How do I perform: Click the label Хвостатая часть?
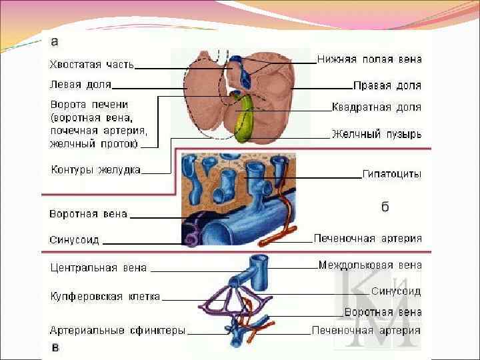coord(92,65)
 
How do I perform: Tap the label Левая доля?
coord(81,85)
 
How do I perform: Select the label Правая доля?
coord(387,86)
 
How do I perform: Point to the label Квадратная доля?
coord(377,107)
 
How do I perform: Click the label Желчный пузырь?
coord(377,134)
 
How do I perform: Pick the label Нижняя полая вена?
coord(369,59)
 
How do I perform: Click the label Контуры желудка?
coord(96,170)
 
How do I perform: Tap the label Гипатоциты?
coord(391,174)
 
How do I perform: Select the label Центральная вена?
coord(99,269)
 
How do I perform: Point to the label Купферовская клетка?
coord(105,297)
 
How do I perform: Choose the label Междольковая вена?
coord(370,265)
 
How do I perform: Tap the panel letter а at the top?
coord(55,42)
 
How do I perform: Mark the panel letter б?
coord(385,207)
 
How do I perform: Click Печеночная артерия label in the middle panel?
coord(368,238)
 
